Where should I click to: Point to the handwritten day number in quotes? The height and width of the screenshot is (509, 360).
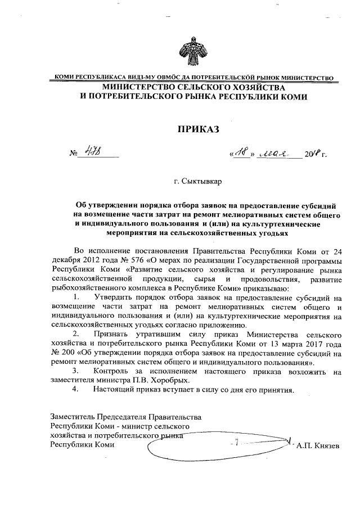coord(241,152)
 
